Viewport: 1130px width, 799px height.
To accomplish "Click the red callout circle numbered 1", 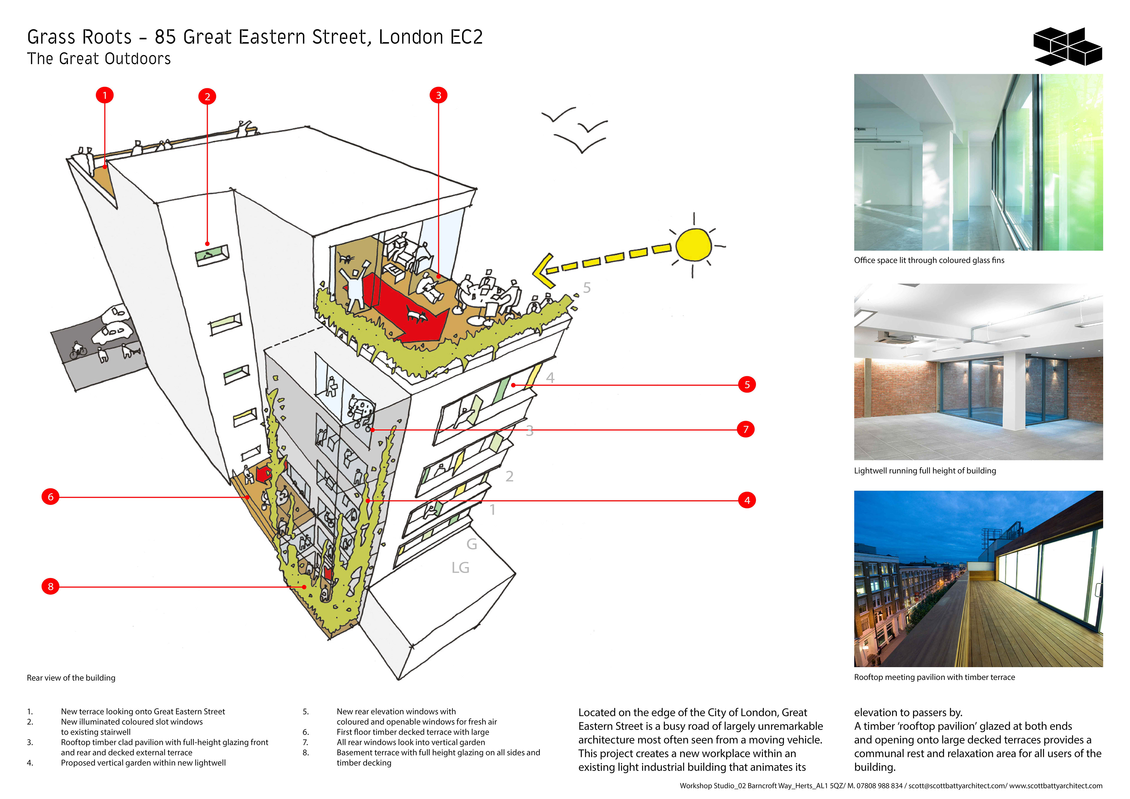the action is tap(104, 95).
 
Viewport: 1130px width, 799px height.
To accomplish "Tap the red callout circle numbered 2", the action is tap(207, 96).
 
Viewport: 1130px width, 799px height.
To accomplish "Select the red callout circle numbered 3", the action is tap(438, 95).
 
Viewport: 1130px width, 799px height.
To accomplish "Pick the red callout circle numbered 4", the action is tap(747, 500).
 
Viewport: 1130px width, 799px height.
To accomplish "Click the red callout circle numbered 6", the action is tap(50, 497).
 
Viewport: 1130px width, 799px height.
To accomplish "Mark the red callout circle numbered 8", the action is tap(50, 587).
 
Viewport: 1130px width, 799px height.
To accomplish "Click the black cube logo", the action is tap(1067, 47).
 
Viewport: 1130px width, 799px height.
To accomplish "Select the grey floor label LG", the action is tap(460, 568).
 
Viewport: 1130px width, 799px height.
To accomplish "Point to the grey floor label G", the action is tap(471, 544).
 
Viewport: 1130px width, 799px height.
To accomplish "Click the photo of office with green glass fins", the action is tap(978, 162).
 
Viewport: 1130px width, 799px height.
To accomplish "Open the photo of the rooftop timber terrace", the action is tap(978, 579).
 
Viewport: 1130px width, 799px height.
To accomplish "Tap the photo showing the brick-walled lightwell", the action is tap(978, 372).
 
